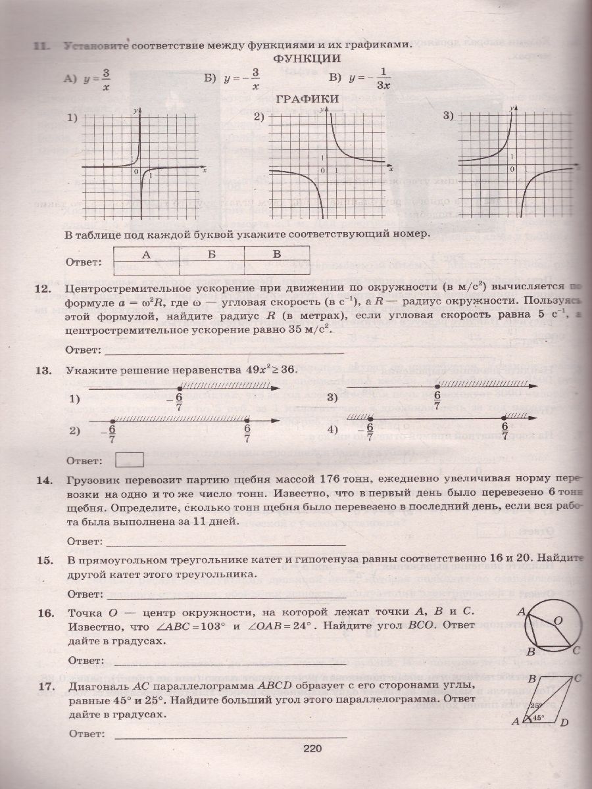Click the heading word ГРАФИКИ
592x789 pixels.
[307, 99]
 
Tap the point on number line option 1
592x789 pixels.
[180, 389]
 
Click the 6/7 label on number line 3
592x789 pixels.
[437, 400]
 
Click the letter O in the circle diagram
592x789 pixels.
[557, 620]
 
